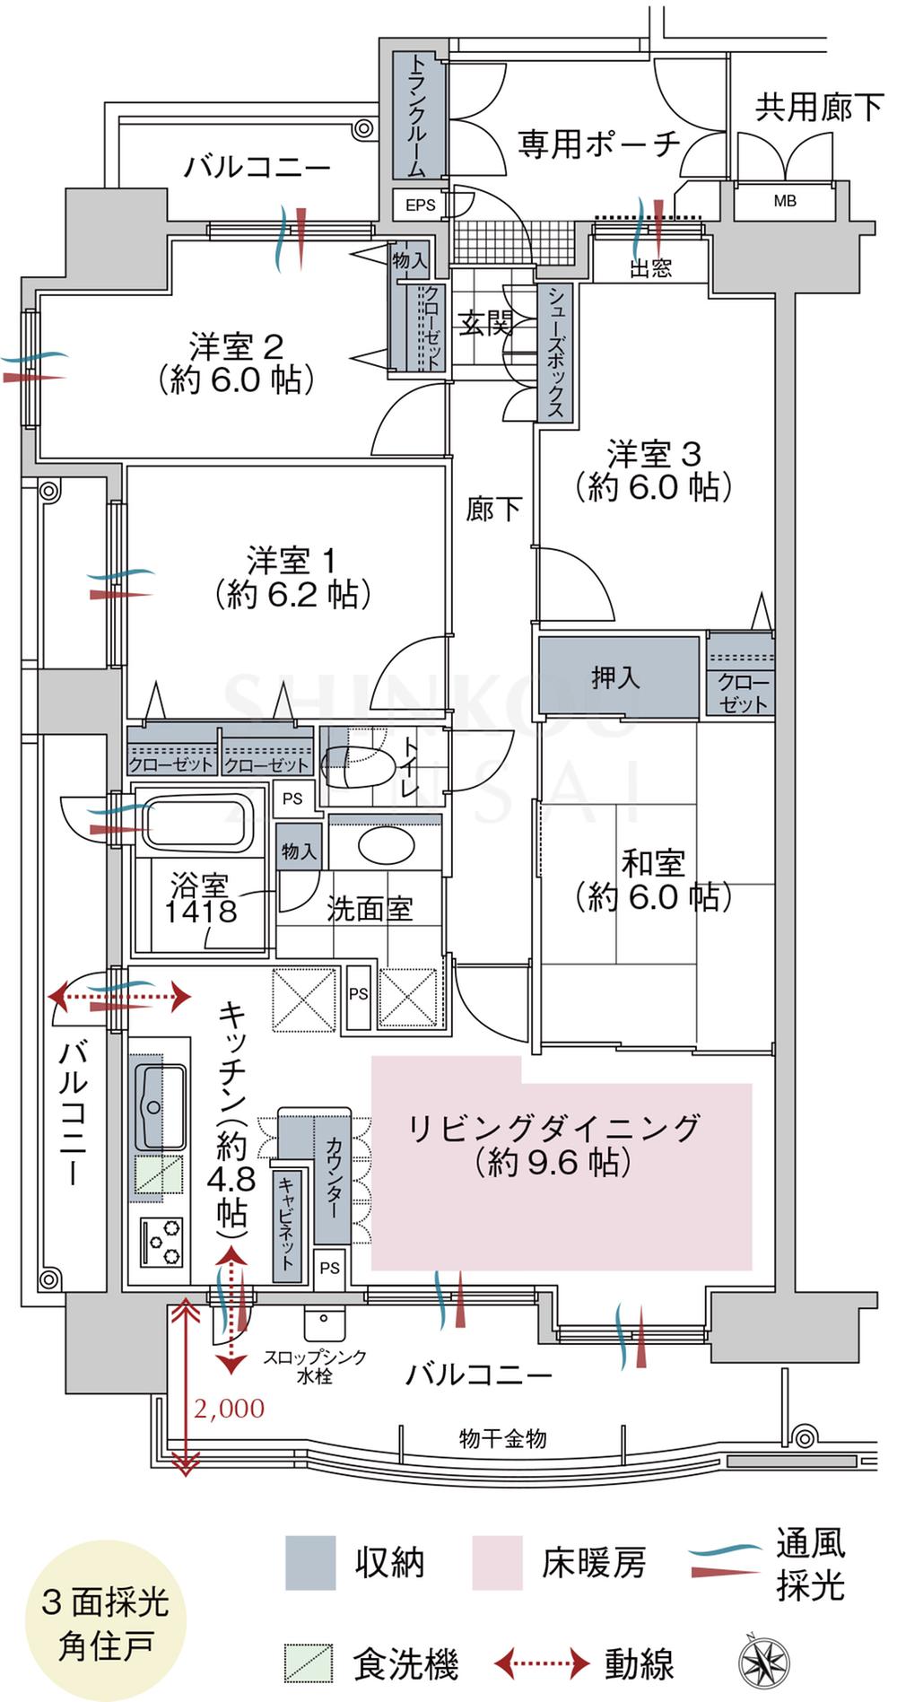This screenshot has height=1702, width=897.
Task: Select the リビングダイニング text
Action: [553, 1128]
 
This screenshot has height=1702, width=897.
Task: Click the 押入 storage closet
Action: [617, 677]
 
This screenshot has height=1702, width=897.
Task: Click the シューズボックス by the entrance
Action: [555, 352]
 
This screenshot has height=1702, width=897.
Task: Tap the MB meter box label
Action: [785, 202]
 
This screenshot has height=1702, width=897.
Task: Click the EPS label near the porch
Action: [420, 205]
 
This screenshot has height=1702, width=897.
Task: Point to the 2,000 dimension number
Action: [230, 1409]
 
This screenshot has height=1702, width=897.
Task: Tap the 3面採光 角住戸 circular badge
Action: [104, 1623]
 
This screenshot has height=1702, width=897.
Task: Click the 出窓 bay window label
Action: [650, 268]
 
